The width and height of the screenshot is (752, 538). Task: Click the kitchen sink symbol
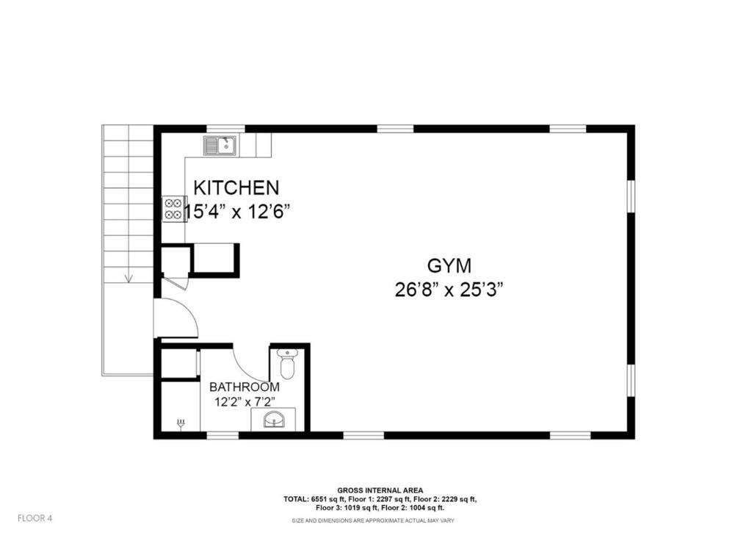(x=221, y=146)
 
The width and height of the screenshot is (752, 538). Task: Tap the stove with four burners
(x=173, y=209)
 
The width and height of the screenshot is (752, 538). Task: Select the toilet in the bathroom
(x=287, y=363)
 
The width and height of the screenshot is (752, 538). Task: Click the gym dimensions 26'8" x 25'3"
(x=449, y=289)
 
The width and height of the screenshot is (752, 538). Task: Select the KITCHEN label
(x=236, y=187)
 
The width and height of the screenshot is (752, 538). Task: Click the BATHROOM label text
(x=244, y=387)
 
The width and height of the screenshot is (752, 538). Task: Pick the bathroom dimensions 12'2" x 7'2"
(x=244, y=402)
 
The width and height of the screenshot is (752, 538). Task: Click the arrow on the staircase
(x=129, y=277)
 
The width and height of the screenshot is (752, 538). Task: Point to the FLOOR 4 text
(x=35, y=518)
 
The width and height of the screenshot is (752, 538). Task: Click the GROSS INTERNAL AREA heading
(x=380, y=490)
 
